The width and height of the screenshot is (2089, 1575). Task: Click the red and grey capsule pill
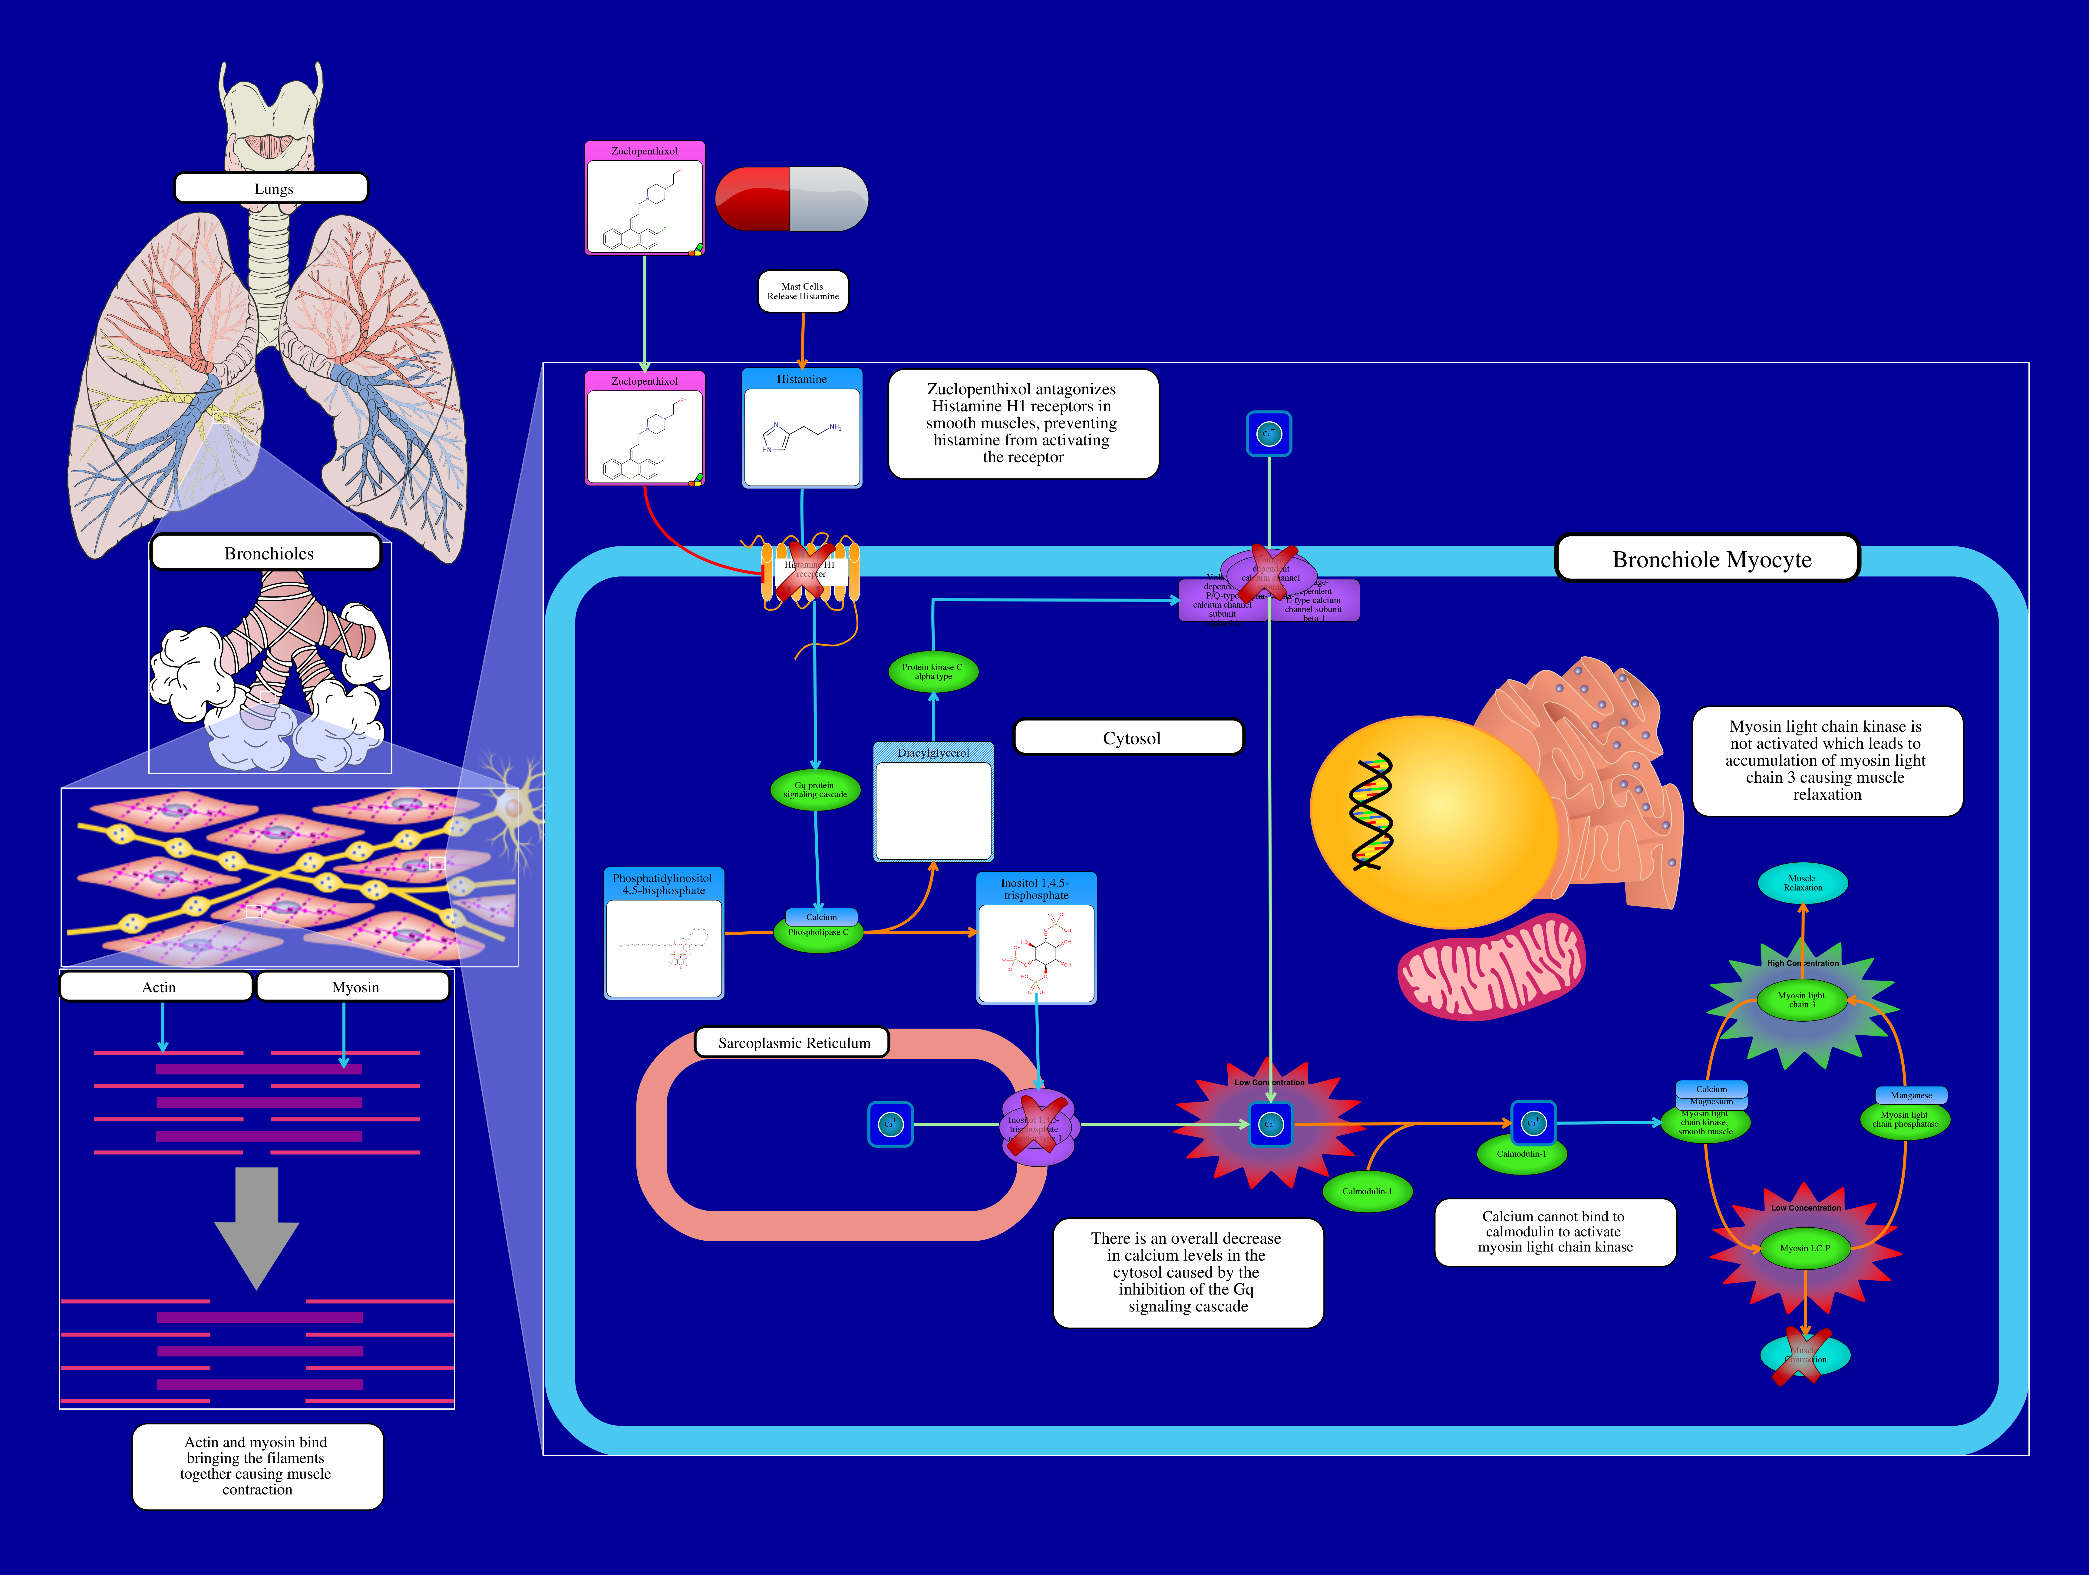pos(791,199)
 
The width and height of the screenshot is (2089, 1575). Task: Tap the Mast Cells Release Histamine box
pos(803,291)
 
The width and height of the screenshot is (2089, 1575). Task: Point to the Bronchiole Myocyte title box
pos(1709,559)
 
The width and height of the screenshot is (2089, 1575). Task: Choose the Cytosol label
pos(1130,738)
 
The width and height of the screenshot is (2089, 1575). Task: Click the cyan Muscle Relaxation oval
pos(1802,884)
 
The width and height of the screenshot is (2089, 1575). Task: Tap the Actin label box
pos(158,986)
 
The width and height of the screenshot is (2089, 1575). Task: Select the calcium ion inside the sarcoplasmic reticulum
pos(889,1124)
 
